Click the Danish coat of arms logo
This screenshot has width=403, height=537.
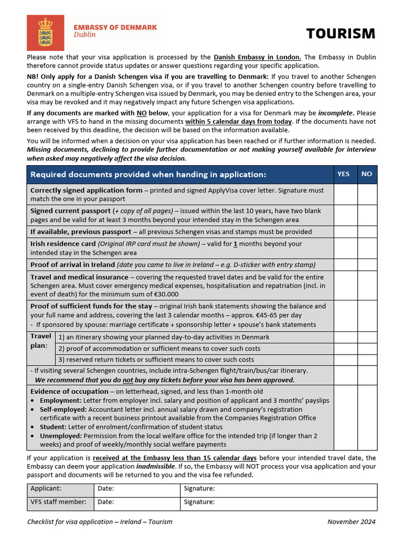click(x=45, y=33)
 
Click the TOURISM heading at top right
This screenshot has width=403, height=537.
click(x=341, y=34)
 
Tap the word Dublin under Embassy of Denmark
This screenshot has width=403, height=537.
click(x=84, y=35)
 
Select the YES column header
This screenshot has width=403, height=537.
click(x=343, y=174)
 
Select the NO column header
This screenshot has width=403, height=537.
click(x=367, y=174)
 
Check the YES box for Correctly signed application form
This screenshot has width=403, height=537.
click(x=345, y=194)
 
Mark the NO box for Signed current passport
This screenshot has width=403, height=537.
click(x=367, y=215)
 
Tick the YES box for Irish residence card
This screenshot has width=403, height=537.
click(x=345, y=248)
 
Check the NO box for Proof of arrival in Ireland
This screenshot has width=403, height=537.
click(x=367, y=265)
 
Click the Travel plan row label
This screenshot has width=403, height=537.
click(x=41, y=341)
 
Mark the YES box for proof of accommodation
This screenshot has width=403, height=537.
click(x=345, y=348)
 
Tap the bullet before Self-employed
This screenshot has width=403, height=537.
click(x=34, y=409)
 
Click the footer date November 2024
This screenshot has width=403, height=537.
click(x=351, y=522)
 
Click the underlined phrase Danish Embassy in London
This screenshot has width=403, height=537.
click(x=257, y=57)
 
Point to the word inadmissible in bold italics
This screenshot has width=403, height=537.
click(x=157, y=466)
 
